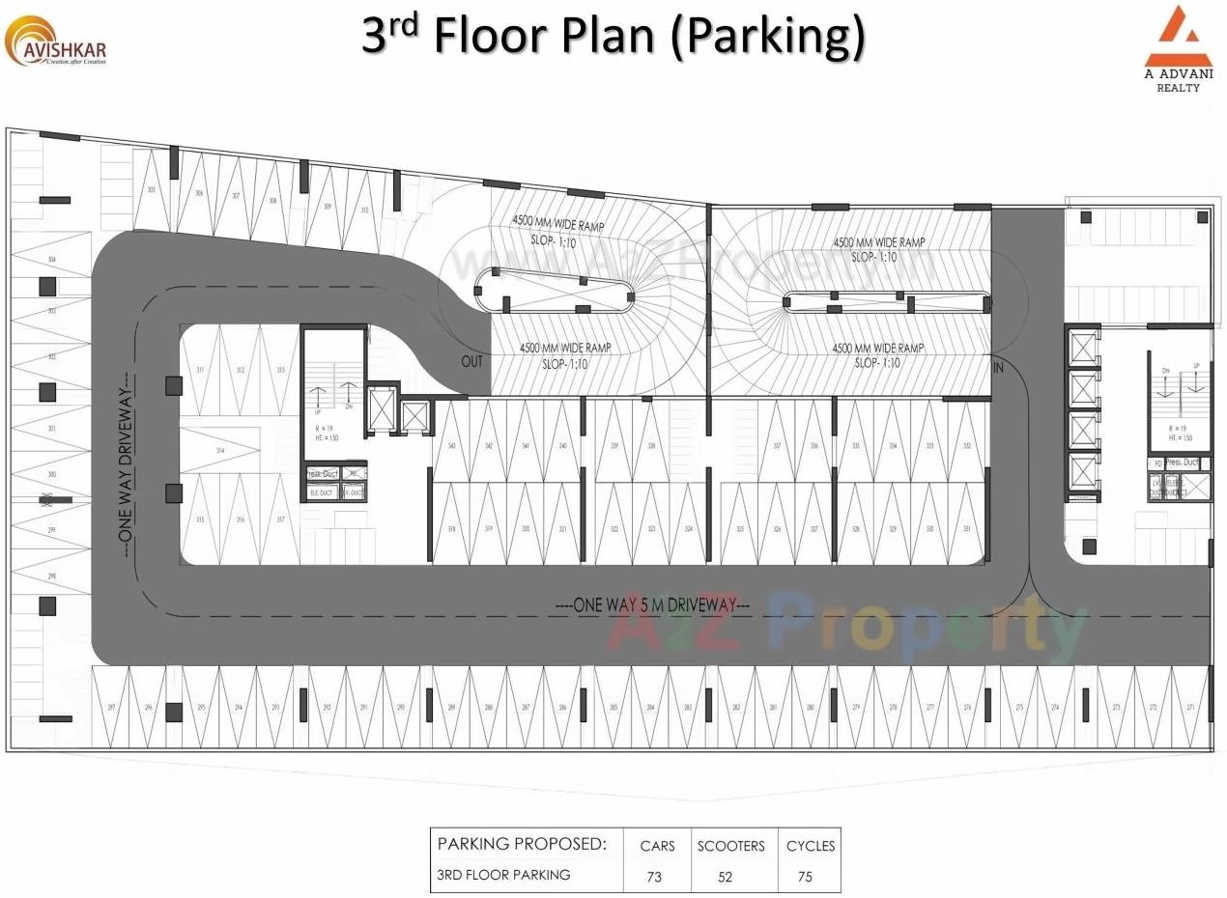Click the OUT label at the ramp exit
pyautogui.click(x=471, y=361)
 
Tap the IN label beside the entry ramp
pyautogui.click(x=998, y=368)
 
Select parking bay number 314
pyautogui.click(x=220, y=451)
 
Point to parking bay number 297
pyautogui.click(x=111, y=708)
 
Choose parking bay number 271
pyautogui.click(x=1189, y=708)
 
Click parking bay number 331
pyautogui.click(x=967, y=529)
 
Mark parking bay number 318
pyautogui.click(x=451, y=529)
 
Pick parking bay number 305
pyautogui.click(x=151, y=190)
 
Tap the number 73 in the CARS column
pyautogui.click(x=655, y=877)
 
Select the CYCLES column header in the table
pyautogui.click(x=810, y=846)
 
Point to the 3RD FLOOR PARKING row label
pyautogui.click(x=503, y=875)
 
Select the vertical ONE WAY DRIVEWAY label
pyautogui.click(x=126, y=468)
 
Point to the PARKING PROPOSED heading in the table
pyautogui.click(x=522, y=844)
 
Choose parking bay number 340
pyautogui.click(x=451, y=445)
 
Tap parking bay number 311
pyautogui.click(x=200, y=370)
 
